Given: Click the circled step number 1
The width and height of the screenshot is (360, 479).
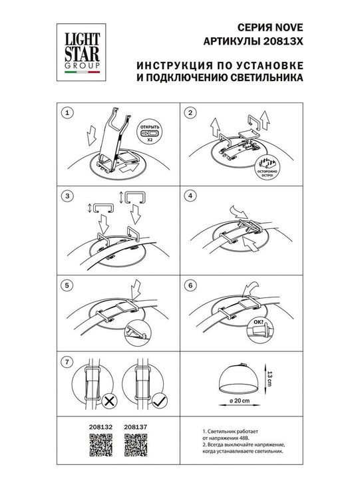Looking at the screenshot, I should [x=65, y=114].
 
